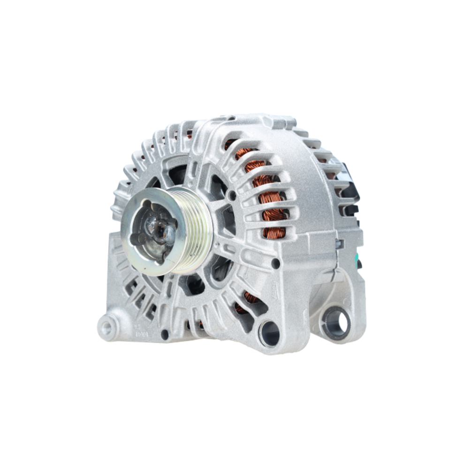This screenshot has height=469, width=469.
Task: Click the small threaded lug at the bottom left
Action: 107,327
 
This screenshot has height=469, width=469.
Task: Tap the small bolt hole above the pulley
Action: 231,193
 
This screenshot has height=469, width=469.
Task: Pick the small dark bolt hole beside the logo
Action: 276,264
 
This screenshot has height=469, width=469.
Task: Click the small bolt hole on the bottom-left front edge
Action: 165,334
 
